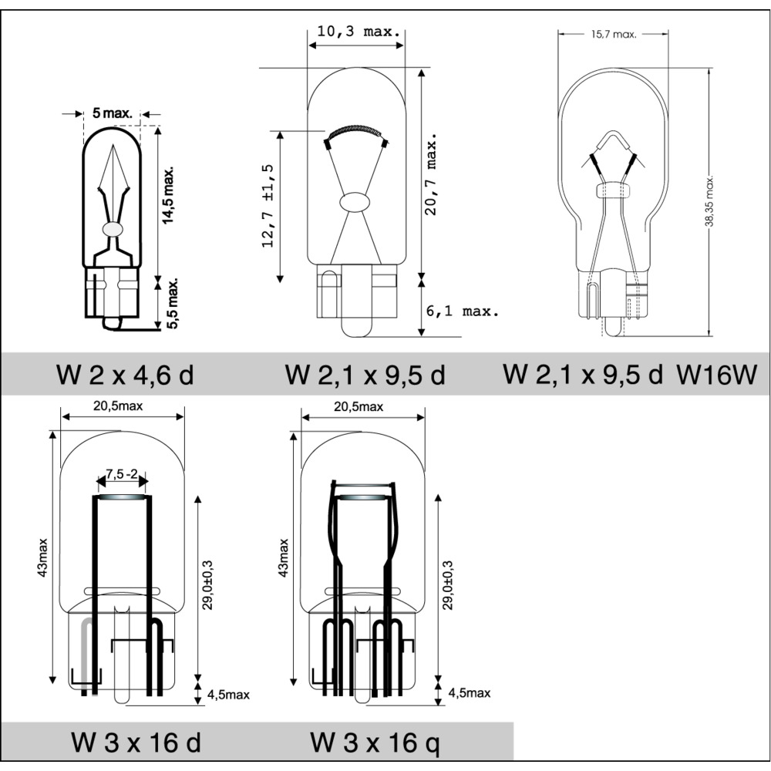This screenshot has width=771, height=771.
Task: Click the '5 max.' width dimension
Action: pyautogui.click(x=113, y=113)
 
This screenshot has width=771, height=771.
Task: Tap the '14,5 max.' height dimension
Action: pyautogui.click(x=169, y=195)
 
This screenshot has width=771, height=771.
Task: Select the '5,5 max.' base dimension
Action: pyautogui.click(x=172, y=303)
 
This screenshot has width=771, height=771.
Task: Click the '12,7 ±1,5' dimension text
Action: pyautogui.click(x=268, y=206)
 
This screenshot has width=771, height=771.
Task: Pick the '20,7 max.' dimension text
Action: pyautogui.click(x=431, y=173)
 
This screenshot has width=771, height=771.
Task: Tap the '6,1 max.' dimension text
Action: pyautogui.click(x=462, y=311)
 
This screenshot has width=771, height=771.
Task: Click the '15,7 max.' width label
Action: pyautogui.click(x=614, y=35)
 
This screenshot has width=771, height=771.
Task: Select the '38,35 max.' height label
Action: pyautogui.click(x=709, y=201)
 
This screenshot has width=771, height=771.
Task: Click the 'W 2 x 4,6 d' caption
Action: pyautogui.click(x=126, y=375)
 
